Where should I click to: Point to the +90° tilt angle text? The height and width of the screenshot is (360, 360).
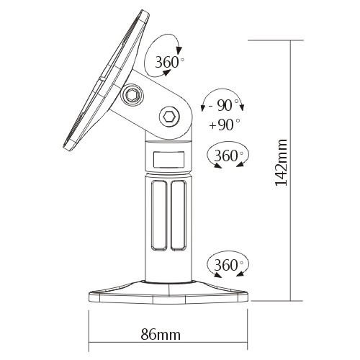click(x=224, y=124)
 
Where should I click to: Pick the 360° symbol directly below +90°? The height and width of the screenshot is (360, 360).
click(x=227, y=156)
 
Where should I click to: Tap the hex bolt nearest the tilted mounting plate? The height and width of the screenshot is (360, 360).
click(x=133, y=95)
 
